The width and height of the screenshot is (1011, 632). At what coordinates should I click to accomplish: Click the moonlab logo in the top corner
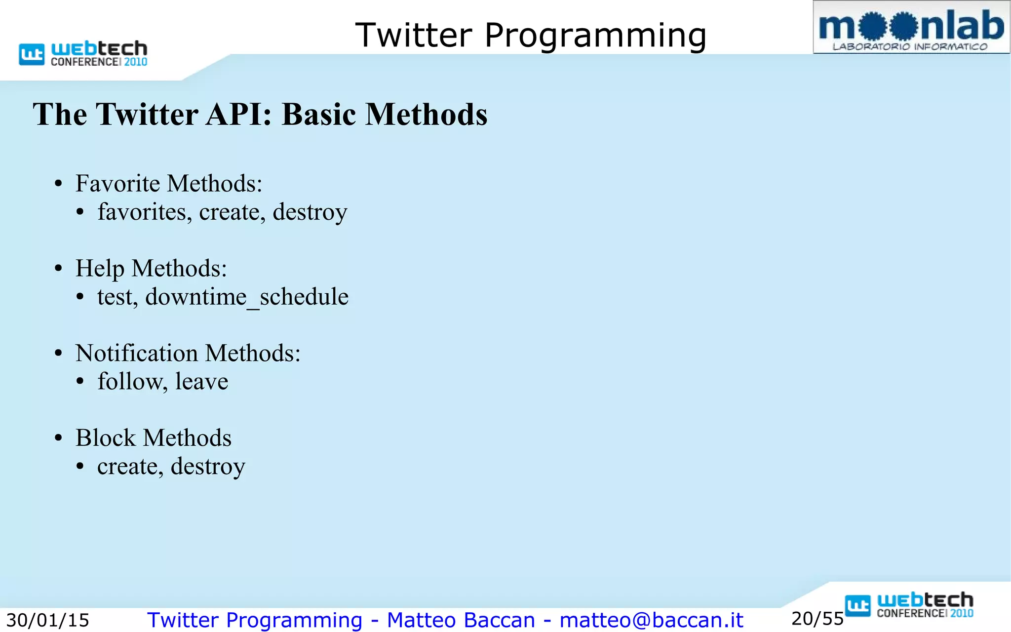911,28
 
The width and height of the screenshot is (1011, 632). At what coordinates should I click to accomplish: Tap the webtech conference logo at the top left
83,53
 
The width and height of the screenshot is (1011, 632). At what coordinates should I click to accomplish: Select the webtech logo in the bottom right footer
909,605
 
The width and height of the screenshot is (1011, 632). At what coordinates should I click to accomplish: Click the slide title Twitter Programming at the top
531,36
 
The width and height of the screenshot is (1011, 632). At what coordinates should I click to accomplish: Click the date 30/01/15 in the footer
47,620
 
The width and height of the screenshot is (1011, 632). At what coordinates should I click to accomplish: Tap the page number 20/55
817,619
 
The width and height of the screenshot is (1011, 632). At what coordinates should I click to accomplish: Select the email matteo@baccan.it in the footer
651,620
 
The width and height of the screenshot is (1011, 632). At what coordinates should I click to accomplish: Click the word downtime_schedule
247,297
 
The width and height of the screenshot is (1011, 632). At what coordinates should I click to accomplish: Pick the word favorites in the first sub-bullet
144,212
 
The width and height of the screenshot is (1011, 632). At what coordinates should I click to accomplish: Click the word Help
100,269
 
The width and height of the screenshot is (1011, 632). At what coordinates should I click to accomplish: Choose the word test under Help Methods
117,297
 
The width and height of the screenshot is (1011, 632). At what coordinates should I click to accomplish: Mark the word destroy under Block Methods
208,467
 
